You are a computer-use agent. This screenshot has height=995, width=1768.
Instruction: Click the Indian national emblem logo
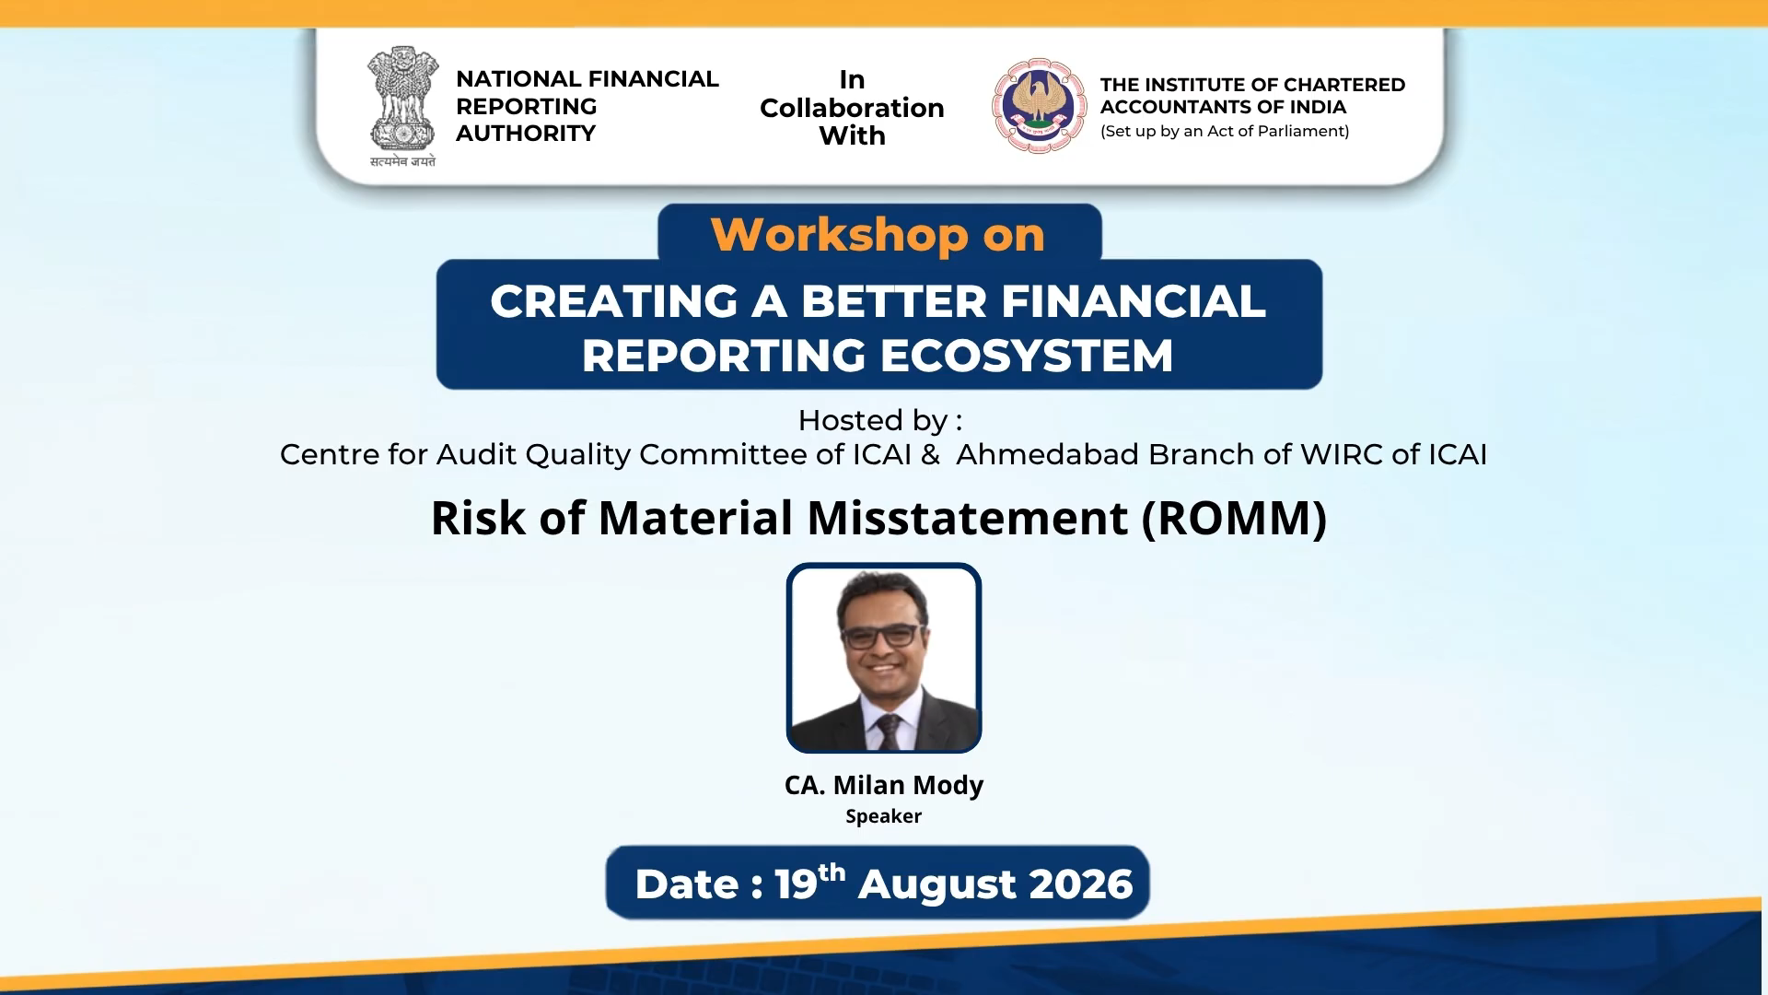[x=402, y=99]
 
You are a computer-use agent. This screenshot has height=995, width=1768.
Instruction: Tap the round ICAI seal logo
[x=1039, y=106]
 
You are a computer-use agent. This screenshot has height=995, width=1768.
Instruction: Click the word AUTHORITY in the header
[x=526, y=134]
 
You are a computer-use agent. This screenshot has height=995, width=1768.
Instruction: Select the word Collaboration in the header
[x=852, y=108]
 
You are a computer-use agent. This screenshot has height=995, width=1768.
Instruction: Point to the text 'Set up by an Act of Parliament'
[x=1225, y=131]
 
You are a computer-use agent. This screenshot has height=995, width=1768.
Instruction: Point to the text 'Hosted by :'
[x=880, y=421]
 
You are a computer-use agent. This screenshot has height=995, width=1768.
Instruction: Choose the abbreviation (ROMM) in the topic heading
[x=1234, y=518]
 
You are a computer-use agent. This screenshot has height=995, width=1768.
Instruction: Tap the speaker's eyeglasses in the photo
[x=881, y=635]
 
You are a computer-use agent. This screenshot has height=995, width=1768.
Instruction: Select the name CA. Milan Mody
[x=884, y=785]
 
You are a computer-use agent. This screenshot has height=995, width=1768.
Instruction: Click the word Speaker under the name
[x=884, y=816]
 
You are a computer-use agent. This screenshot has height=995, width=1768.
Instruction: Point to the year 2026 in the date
[x=1081, y=884]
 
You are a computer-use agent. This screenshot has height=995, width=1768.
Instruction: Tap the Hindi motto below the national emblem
[x=402, y=161]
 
